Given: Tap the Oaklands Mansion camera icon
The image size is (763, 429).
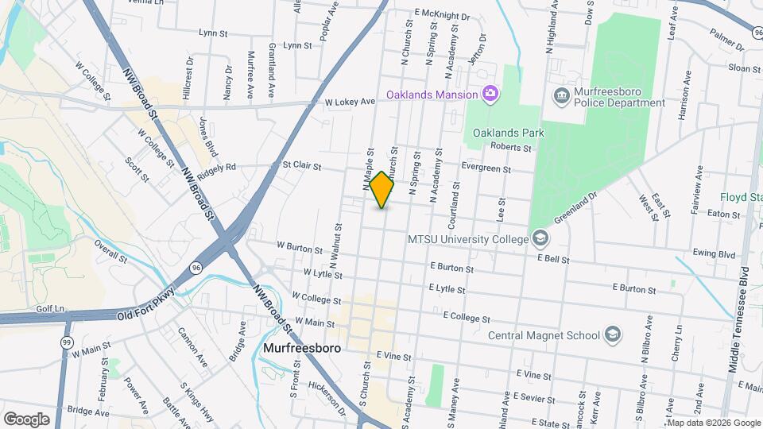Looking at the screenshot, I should pos(490,95).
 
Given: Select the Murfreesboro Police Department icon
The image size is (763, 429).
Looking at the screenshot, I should pos(562,96).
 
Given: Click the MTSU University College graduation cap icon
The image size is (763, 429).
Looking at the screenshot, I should pos(540,238).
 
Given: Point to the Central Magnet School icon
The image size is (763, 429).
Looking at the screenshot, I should pos(613,334).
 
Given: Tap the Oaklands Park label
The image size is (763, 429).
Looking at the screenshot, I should pos(509,133).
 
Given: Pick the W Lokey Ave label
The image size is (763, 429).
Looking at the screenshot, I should pos(350,102).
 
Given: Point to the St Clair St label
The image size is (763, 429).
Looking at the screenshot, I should pos(301,167).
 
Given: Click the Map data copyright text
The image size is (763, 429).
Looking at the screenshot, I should pos(714,423).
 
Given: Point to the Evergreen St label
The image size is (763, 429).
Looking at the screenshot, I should pos(486,168).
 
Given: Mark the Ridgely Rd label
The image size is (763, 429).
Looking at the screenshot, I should pos(217,168).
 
